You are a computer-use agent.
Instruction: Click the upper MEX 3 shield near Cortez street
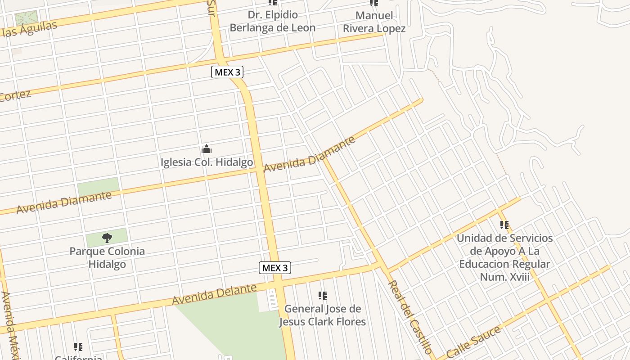227,72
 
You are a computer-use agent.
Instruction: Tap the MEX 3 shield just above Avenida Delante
275,268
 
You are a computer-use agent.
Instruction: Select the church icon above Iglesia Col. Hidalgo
207,149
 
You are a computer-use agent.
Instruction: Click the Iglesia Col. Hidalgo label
207,162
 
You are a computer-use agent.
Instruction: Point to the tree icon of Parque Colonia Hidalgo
107,238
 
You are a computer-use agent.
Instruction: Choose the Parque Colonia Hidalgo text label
107,257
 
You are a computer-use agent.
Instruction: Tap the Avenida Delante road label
214,294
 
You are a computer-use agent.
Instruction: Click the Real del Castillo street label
410,317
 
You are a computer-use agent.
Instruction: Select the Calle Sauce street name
474,342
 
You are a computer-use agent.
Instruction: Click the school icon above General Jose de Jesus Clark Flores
322,296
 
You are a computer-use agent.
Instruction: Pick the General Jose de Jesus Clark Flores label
322,315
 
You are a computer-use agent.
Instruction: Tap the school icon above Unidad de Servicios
504,225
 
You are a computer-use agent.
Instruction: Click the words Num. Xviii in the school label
504,277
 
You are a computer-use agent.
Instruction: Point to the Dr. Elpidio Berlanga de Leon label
273,21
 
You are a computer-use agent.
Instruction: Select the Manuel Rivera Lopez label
374,22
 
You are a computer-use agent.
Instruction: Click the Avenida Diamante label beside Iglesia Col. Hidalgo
309,154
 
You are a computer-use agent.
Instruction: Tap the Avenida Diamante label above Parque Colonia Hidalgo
64,202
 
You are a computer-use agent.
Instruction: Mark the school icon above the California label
78,347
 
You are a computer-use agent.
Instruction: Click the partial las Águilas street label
29,29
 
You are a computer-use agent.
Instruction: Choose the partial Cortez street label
15,95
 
